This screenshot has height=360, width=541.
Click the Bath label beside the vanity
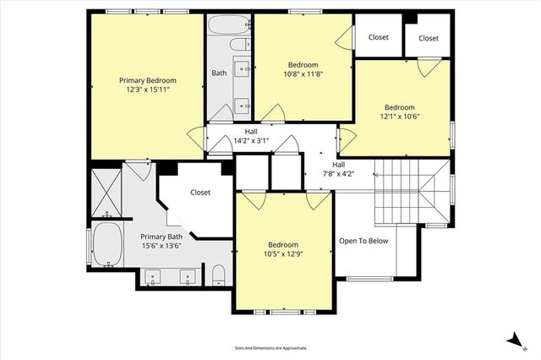pyautogui.click(x=219, y=74)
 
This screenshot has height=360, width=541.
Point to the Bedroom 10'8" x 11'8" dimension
pyautogui.click(x=303, y=74)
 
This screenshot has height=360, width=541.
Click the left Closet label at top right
pyautogui.click(x=378, y=38)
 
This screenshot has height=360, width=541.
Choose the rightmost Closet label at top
pyautogui.click(x=429, y=38)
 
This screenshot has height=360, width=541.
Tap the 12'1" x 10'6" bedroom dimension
pyautogui.click(x=399, y=117)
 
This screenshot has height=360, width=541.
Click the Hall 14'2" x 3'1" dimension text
pyautogui.click(x=251, y=141)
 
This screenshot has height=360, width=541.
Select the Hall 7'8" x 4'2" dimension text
pyautogui.click(x=338, y=174)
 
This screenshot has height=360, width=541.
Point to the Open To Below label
pyautogui.click(x=363, y=241)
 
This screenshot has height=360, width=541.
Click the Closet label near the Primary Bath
pyautogui.click(x=200, y=193)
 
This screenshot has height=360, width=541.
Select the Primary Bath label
pyautogui.click(x=161, y=237)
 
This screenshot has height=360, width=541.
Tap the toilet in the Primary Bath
pyautogui.click(x=218, y=274)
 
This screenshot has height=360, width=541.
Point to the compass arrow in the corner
pyautogui.click(x=512, y=339)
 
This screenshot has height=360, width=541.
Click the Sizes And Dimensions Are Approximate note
pyautogui.click(x=270, y=348)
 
